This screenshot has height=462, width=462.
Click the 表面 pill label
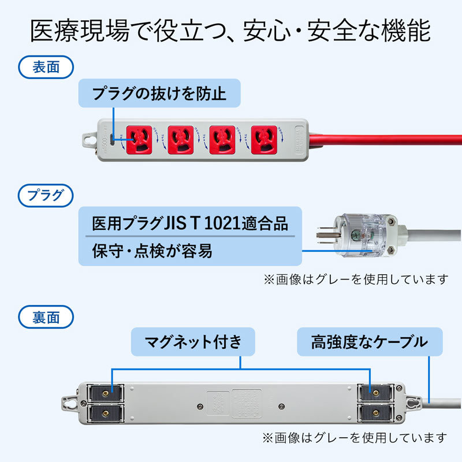(47, 68)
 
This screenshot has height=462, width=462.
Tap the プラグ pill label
(47, 195)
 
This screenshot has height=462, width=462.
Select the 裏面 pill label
(47, 317)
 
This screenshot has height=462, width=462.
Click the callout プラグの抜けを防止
(159, 94)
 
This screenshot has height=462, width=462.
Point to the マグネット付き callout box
(193, 342)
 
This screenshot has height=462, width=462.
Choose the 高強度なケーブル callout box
(370, 342)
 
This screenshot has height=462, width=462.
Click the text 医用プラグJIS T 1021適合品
(189, 223)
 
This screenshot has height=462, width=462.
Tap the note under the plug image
(355, 279)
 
